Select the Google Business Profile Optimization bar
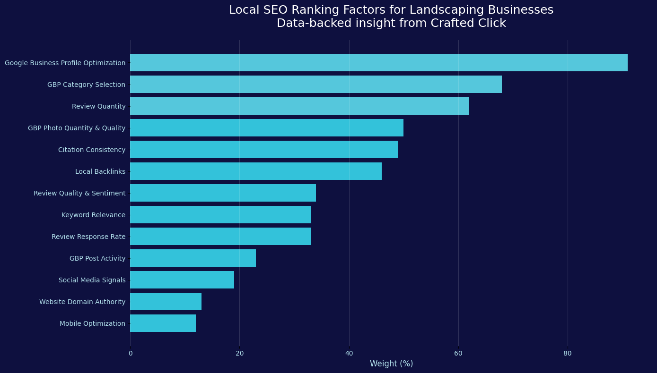point(378,62)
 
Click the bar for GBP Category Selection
point(315,84)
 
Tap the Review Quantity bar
point(299,106)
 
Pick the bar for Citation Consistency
point(264,149)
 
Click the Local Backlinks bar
point(255,171)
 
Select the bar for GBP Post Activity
point(193,258)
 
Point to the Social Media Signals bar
point(182,280)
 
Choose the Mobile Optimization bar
point(163,323)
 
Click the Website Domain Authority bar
point(166,301)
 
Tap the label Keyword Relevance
point(93,215)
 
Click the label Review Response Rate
point(88,237)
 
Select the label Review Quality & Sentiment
point(79,193)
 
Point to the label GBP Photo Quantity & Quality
point(77,128)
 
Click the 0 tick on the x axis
point(131,353)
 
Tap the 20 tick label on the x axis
point(240,353)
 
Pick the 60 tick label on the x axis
point(458,353)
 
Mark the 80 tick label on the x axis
point(568,353)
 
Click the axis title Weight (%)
point(391,364)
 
